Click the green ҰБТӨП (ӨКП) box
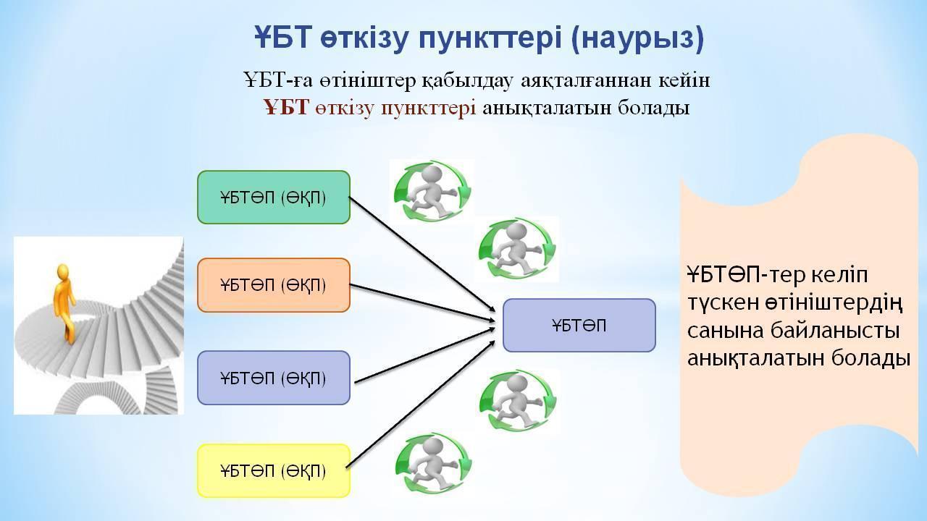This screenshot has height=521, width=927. pos(274,198)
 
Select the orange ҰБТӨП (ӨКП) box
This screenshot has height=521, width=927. pos(274,285)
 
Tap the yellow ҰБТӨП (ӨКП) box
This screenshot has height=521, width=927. pos(274,470)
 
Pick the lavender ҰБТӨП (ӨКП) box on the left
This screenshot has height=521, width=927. pos(274,378)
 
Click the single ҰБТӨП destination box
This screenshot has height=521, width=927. pos(579,326)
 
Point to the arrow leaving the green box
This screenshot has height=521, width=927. pos(422,254)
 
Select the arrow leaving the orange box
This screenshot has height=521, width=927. pos(422,302)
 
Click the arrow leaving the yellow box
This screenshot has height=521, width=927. pos(421,404)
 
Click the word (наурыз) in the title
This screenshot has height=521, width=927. pos(637,38)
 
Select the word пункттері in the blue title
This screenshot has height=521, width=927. pos(490,38)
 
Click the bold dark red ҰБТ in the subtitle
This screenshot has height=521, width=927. pos(287,108)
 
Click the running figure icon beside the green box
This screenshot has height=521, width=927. pos(432,191)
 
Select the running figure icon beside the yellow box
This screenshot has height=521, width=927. pos(433,465)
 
